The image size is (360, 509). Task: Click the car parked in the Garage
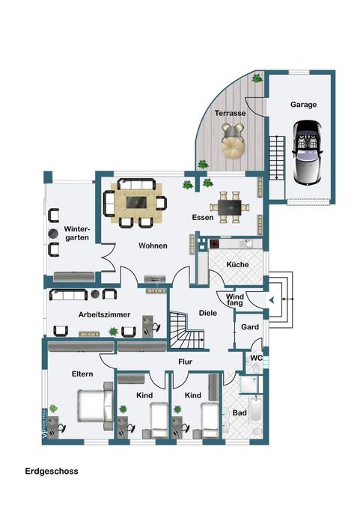(x=307, y=152)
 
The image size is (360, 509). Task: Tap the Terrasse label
(x=230, y=113)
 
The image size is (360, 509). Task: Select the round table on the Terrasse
(x=233, y=147)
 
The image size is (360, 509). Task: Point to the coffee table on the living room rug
(x=136, y=202)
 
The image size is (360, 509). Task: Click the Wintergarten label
(x=77, y=233)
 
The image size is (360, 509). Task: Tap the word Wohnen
(x=153, y=246)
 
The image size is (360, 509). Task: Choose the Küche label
(x=237, y=264)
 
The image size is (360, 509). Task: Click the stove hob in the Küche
(x=215, y=244)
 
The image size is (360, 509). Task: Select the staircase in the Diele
(x=186, y=330)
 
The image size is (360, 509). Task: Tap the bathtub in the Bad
(x=256, y=409)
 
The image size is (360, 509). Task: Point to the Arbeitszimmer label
(x=104, y=314)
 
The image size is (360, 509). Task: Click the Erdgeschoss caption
(x=52, y=471)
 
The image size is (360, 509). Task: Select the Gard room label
(x=250, y=327)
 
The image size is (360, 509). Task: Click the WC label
(x=257, y=358)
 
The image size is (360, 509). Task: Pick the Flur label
(x=186, y=362)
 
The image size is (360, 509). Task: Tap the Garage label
(x=303, y=105)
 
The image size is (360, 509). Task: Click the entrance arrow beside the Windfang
(x=272, y=301)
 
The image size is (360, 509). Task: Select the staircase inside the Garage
(x=277, y=158)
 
